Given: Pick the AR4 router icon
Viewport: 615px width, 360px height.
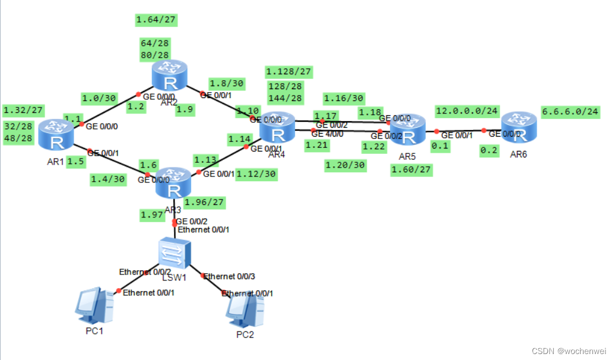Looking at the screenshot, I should [277, 127].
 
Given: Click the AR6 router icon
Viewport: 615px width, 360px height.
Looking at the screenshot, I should [519, 128].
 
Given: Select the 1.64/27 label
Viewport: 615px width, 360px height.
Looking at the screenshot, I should [157, 21].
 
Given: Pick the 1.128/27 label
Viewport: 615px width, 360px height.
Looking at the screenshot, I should [289, 71].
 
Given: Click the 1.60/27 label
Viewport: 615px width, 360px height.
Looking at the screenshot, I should [411, 170].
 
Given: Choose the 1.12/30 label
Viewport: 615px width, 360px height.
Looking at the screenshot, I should [256, 173].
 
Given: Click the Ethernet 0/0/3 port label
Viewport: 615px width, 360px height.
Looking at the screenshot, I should [229, 276].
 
